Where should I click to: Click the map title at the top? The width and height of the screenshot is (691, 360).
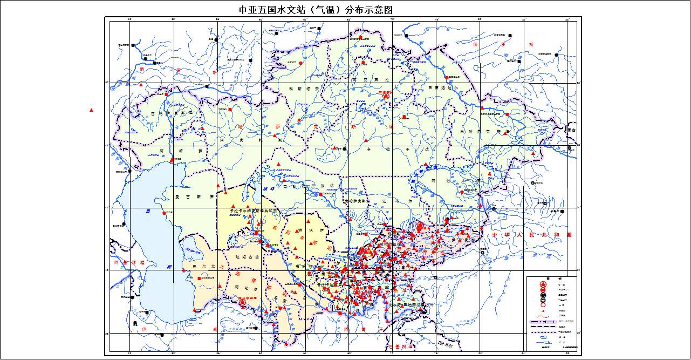click(x=316, y=10)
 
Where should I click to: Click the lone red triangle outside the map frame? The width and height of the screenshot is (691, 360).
click(x=91, y=110)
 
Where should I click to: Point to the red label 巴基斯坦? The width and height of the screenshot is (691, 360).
click(x=400, y=346)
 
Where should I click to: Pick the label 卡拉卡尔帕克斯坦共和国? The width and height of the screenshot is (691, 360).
click(x=253, y=210)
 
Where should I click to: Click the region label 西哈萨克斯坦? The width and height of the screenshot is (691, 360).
click(x=168, y=113)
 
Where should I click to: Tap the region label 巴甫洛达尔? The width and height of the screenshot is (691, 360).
click(x=442, y=87)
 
